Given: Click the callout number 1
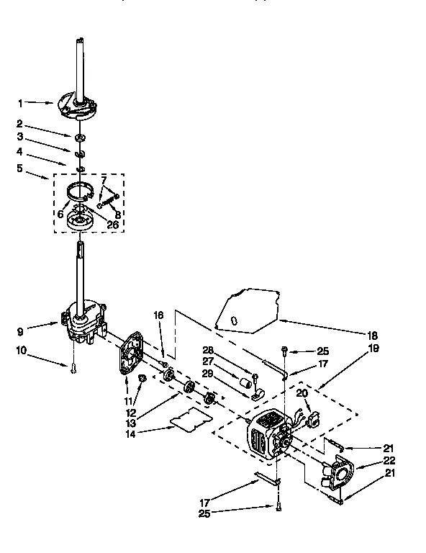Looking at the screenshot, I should (x=21, y=102).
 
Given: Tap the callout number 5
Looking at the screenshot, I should (x=20, y=168).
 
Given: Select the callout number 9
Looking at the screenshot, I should (x=20, y=332).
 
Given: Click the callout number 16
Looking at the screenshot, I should (x=159, y=315).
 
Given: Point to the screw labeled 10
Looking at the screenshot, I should (x=73, y=369).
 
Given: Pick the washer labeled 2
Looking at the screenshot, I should (x=78, y=136).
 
